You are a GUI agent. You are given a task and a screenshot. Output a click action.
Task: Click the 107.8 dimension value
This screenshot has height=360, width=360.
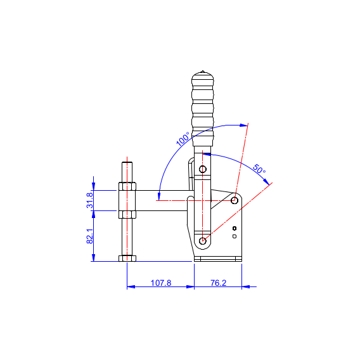click(161, 283)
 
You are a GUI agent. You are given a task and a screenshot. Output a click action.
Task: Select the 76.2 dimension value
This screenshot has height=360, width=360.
click(218, 283)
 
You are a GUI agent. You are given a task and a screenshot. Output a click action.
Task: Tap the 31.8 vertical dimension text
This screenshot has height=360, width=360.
click(90, 200)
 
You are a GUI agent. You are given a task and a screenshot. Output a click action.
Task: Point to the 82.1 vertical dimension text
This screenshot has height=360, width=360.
click(90, 236)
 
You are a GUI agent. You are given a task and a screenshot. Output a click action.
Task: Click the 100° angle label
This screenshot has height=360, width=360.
click(183, 139)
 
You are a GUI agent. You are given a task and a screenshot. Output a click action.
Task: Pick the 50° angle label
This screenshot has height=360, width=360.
click(259, 169)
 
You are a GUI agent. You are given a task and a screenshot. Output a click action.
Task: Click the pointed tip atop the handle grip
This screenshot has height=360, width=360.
click(203, 71)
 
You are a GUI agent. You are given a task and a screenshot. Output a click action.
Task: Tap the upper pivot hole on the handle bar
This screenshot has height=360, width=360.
click(203, 169)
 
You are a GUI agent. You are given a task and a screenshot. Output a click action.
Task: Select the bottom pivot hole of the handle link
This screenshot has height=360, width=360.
click(203, 241)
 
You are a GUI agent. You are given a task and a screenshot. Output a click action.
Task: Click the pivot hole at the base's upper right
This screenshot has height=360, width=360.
click(235, 200)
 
